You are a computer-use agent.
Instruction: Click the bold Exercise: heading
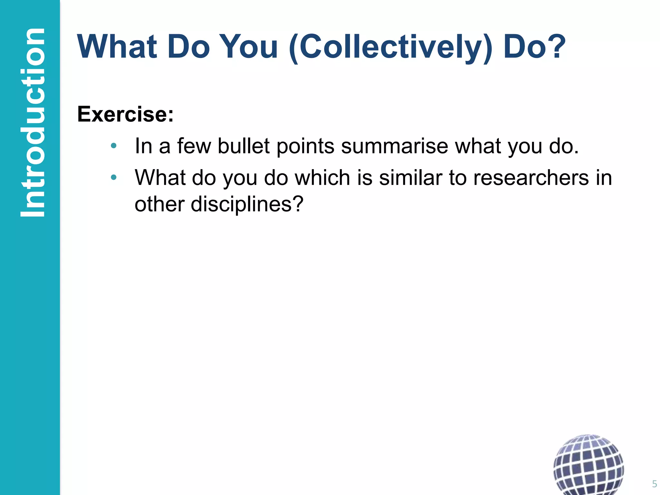125,114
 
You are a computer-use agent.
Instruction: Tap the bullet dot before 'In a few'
113,146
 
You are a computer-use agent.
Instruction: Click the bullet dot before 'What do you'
113,177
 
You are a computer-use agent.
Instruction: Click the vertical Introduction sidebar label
32,122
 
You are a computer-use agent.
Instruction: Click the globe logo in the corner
588,464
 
